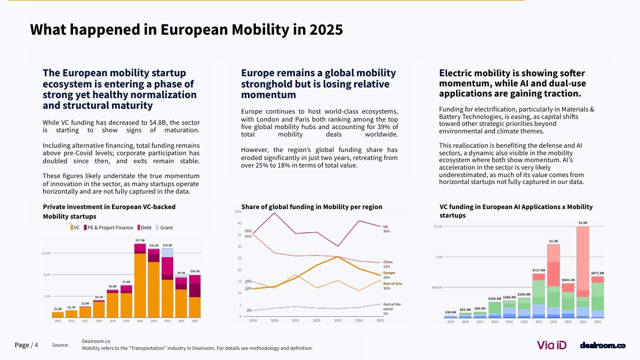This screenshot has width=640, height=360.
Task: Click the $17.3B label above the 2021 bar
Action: coord(140,241)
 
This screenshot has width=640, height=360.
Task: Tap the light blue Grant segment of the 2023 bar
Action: coord(167,252)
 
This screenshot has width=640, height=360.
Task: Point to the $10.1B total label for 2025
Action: coord(195,271)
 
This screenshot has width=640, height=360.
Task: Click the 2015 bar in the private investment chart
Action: coord(58,315)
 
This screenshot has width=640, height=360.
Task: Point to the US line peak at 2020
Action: coord(274,213)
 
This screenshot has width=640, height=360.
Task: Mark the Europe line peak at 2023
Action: coord(338,257)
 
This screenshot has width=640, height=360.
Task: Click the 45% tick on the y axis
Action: coord(238,212)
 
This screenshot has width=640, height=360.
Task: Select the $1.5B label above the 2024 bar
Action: coord(583,222)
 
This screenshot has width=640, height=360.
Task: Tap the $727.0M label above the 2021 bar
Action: coord(539,270)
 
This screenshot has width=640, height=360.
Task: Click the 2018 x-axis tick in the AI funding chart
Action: coord(495,322)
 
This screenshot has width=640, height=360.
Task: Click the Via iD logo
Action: coord(551,346)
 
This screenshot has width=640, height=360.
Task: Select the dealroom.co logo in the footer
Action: coord(603,346)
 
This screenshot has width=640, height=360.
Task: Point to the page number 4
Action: coord(36,345)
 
